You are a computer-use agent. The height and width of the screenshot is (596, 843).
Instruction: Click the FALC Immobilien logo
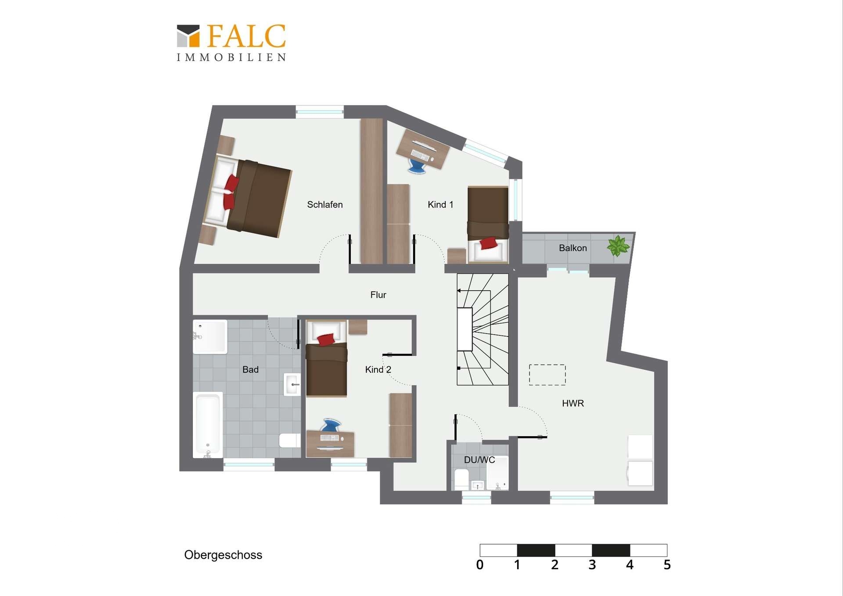[231, 43]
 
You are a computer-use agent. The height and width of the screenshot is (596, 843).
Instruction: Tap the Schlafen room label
[325, 205]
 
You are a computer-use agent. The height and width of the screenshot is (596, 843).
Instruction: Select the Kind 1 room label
[440, 205]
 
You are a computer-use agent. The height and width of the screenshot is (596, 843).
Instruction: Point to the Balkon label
[573, 248]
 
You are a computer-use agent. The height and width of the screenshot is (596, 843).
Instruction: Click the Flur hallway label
[378, 295]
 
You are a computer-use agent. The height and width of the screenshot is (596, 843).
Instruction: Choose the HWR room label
[573, 403]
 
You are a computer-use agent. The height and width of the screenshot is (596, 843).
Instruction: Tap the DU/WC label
[479, 460]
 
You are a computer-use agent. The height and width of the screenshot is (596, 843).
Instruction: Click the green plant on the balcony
[618, 246]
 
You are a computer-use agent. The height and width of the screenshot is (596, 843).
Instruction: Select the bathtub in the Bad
[208, 425]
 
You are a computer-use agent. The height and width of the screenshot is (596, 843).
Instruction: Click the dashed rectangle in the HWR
[547, 375]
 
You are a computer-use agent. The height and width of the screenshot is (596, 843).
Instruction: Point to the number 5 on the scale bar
[667, 565]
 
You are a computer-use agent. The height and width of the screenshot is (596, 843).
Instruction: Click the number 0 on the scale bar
[480, 565]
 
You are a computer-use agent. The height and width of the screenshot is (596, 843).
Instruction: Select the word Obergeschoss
[223, 555]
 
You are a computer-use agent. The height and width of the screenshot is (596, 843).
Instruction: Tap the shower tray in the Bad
[210, 337]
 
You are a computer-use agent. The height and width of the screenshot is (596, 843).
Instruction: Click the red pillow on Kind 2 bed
[326, 340]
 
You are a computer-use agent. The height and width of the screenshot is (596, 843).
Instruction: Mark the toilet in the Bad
[290, 441]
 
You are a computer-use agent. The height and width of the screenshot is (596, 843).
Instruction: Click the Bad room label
[250, 370]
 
